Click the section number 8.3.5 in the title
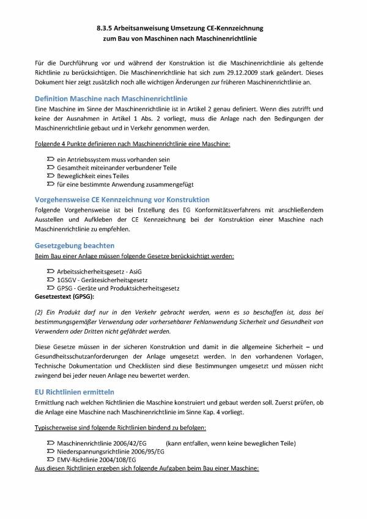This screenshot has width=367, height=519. [x=106, y=28]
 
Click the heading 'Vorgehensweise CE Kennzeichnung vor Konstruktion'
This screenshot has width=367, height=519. [x=122, y=200]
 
